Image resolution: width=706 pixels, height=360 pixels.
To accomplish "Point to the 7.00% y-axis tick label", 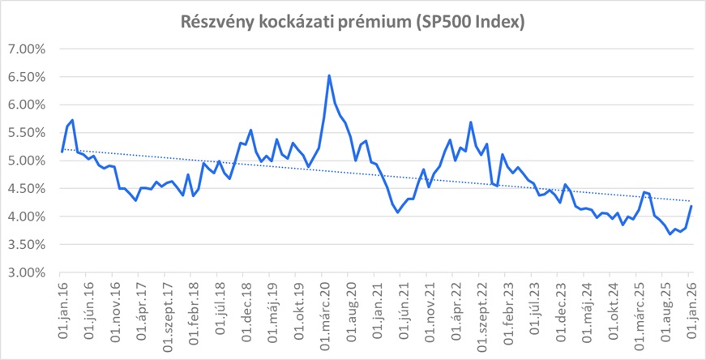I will (x=28, y=49).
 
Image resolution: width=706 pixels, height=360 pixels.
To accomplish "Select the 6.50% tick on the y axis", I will (x=28, y=77).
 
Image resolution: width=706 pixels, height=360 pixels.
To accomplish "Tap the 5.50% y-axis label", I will (x=28, y=133).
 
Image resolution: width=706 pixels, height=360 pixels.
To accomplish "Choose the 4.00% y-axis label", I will (x=28, y=216).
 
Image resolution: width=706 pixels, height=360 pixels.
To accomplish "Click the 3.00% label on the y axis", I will (x=28, y=272).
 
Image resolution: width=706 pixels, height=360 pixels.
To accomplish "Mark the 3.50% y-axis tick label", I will (x=28, y=245).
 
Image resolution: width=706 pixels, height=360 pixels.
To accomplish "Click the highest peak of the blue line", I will (x=328, y=75).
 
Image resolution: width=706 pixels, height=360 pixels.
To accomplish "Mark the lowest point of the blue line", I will (x=670, y=234).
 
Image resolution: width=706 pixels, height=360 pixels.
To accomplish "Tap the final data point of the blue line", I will (x=691, y=206).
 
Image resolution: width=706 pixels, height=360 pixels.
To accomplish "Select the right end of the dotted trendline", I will (x=691, y=201).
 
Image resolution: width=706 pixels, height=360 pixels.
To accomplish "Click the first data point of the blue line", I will (x=62, y=151).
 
